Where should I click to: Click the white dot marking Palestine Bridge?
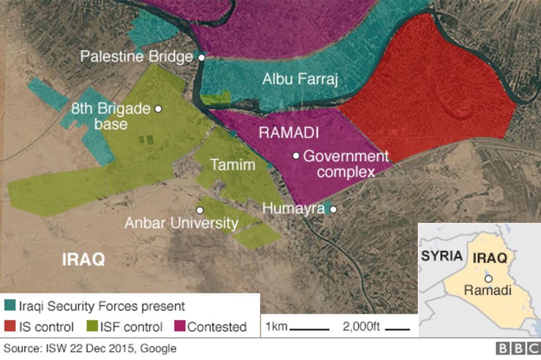pyautogui.click(x=202, y=57)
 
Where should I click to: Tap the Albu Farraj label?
pyautogui.click(x=300, y=79)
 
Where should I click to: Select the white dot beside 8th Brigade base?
pyautogui.click(x=159, y=109)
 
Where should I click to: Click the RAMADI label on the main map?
pyautogui.click(x=288, y=133)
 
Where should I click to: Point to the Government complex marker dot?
pyautogui.click(x=297, y=156)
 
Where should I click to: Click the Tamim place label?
pyautogui.click(x=232, y=165)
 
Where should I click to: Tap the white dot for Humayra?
pyautogui.click(x=333, y=209)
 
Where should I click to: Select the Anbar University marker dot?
pyautogui.click(x=200, y=210)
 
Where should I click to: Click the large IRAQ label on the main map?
pyautogui.click(x=83, y=260)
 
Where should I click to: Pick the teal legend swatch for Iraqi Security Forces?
pyautogui.click(x=10, y=306)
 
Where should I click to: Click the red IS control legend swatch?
pyautogui.click(x=10, y=327)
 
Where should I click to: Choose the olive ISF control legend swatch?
pyautogui.click(x=90, y=327)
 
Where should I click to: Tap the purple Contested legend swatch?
pyautogui.click(x=180, y=327)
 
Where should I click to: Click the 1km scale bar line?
pyautogui.click(x=309, y=329)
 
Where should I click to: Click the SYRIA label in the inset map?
pyautogui.click(x=441, y=256)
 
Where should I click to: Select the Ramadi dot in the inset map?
pyautogui.click(x=488, y=279)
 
